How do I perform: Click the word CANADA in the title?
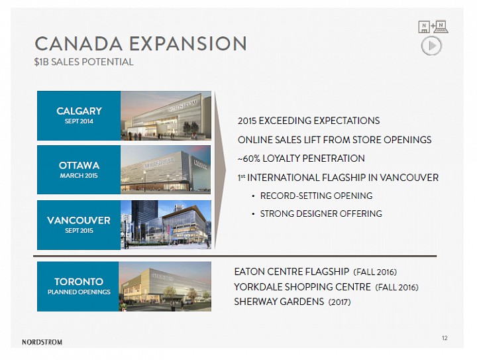pos(78,44)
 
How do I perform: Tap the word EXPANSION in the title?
pos(188,44)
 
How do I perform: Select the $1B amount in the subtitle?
pos(41,62)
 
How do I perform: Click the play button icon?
pos(431,46)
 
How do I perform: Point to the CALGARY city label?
pos(79,111)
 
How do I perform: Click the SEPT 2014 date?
pos(79,121)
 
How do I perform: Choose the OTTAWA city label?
pos(79,165)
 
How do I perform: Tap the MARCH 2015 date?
pos(79,176)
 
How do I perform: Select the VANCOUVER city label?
pos(79,220)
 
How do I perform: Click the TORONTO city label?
pos(79,282)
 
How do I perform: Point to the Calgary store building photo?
pos(166,115)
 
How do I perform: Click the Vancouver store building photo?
pos(166,225)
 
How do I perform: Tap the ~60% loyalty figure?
pos(248,158)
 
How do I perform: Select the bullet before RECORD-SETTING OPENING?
pos(253,196)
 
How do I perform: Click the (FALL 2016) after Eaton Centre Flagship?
pos(375,272)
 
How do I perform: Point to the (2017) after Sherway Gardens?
pos(339,302)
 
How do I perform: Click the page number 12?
pos(445,338)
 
